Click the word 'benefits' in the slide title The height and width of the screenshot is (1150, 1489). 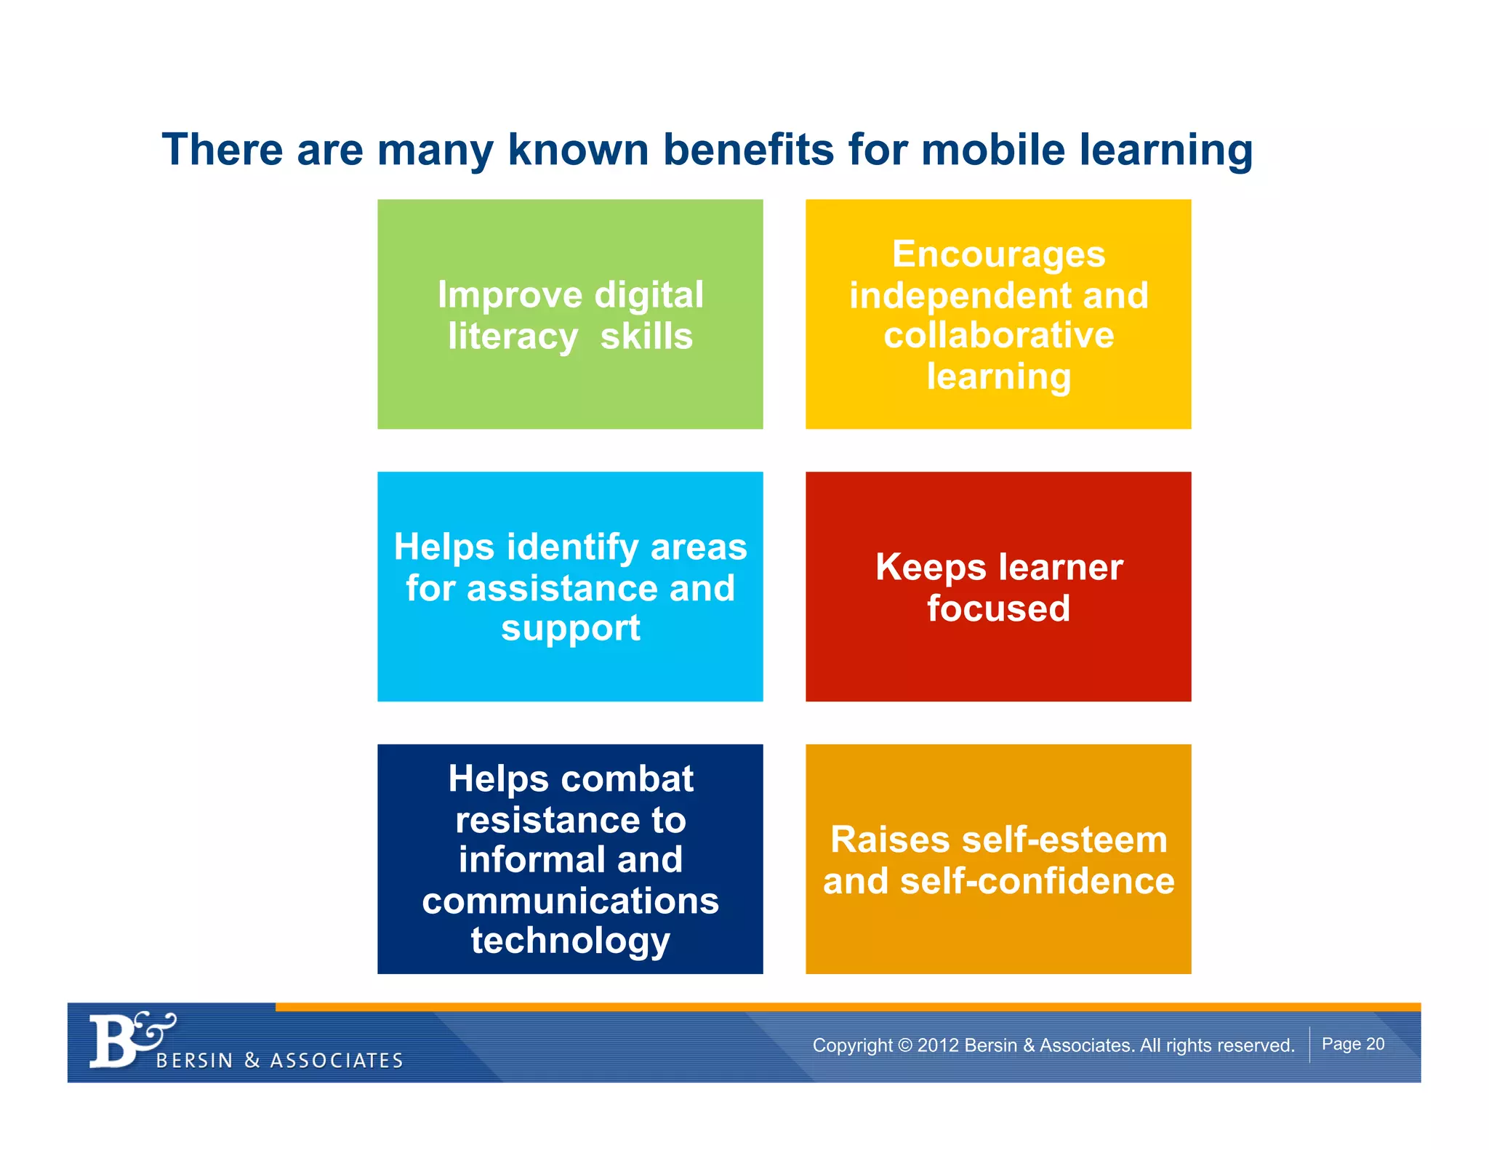pos(749,150)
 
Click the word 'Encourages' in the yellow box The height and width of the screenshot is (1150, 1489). pos(998,254)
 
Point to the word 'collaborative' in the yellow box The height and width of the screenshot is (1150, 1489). pos(998,335)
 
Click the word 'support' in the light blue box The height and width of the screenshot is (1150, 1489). pos(570,628)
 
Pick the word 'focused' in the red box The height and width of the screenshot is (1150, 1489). pos(998,608)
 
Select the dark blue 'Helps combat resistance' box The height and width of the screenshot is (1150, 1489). pos(570,859)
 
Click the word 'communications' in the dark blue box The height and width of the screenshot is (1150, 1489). pos(570,901)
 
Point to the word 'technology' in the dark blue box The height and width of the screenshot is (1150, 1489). pos(570,941)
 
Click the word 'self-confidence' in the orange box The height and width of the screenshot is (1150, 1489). pos(1037,881)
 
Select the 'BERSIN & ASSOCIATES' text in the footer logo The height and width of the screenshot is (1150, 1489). pos(280,1061)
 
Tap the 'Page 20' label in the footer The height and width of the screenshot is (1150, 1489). pos(1352,1044)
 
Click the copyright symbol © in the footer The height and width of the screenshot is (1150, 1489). pos(904,1045)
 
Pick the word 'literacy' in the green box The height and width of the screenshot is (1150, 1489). pos(513,337)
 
